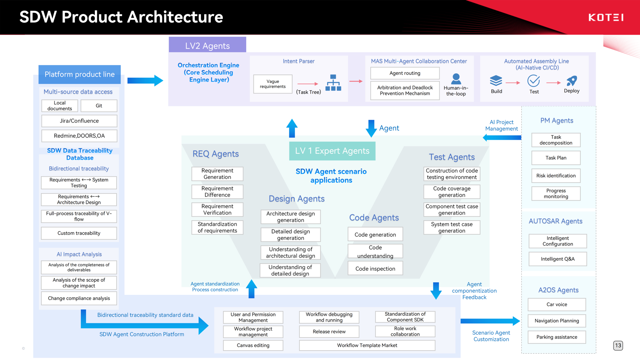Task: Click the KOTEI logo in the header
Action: pyautogui.click(x=606, y=17)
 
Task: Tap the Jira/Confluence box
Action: pyautogui.click(x=79, y=121)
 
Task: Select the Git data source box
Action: pyautogui.click(x=99, y=106)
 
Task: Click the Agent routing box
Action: pyautogui.click(x=405, y=73)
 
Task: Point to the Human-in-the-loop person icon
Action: pyautogui.click(x=456, y=79)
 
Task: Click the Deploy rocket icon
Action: pyautogui.click(x=572, y=81)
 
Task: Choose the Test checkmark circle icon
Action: pyautogui.click(x=533, y=81)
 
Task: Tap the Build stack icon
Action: pyautogui.click(x=496, y=81)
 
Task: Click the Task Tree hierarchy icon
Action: pyautogui.click(x=333, y=83)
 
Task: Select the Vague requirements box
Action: pyautogui.click(x=273, y=84)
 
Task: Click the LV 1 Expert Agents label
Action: pyautogui.click(x=332, y=151)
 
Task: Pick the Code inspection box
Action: pyautogui.click(x=375, y=269)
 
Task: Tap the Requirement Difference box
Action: pyautogui.click(x=217, y=192)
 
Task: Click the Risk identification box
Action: pyautogui.click(x=556, y=176)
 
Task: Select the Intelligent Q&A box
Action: pyautogui.click(x=557, y=259)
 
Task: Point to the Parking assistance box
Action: pyautogui.click(x=556, y=337)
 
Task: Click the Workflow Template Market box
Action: pyautogui.click(x=367, y=346)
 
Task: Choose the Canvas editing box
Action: pyautogui.click(x=253, y=346)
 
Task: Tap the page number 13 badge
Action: pyautogui.click(x=618, y=346)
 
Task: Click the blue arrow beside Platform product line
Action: pyautogui.click(x=145, y=80)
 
